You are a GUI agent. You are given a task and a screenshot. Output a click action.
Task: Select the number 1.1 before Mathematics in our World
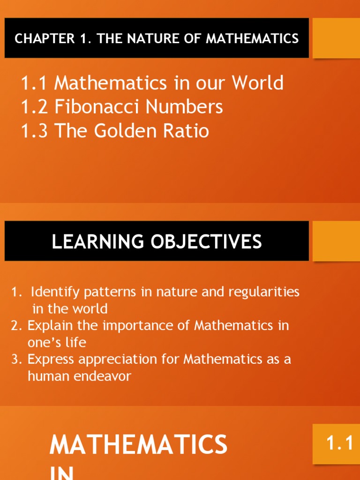click(35, 83)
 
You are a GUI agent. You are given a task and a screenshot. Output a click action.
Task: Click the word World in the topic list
click(258, 83)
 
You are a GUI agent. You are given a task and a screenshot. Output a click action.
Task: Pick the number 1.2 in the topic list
click(35, 107)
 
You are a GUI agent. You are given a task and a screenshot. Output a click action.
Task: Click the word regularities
click(264, 292)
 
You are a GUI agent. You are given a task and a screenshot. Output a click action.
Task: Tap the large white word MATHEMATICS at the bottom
click(138, 444)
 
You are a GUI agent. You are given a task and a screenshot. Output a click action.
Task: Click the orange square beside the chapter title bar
click(336, 38)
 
